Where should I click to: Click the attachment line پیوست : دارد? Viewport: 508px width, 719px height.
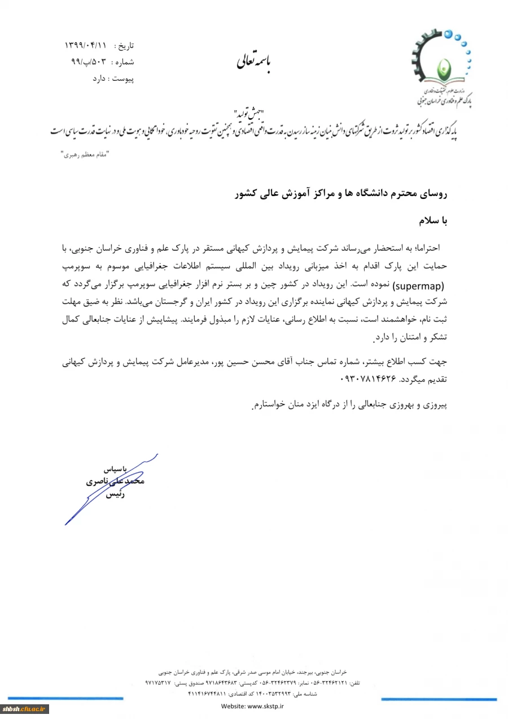tap(113, 79)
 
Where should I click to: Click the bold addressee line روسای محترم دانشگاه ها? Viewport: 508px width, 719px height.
tap(341, 194)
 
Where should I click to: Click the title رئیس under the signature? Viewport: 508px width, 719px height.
tap(115, 495)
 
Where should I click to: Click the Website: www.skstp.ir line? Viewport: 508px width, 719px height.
tap(252, 706)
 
